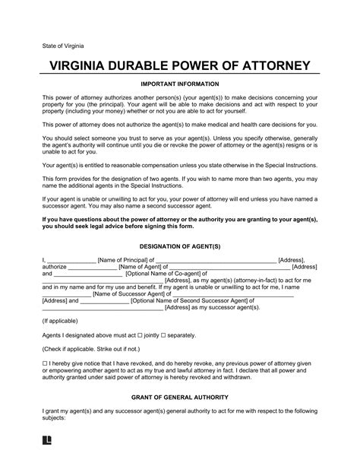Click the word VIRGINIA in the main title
click(81, 65)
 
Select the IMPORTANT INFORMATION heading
click(180, 84)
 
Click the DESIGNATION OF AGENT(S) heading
click(180, 248)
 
